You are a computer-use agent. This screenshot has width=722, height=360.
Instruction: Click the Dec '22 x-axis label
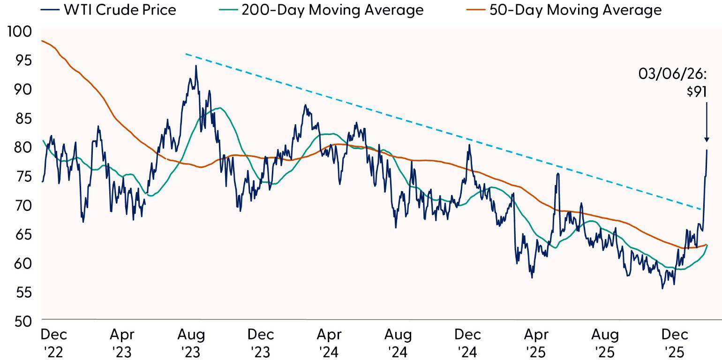pos(53,342)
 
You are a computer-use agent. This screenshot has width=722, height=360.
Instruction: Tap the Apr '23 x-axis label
pos(122,342)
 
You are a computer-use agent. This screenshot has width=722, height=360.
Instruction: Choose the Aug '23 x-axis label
pos(191,342)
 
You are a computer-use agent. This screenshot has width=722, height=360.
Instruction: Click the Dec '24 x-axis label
pos(467,342)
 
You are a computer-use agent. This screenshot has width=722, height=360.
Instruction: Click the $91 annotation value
pos(696,91)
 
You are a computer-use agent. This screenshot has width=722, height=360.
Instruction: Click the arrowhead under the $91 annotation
pos(706,139)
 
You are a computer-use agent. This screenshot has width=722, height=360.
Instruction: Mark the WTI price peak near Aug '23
pos(196,66)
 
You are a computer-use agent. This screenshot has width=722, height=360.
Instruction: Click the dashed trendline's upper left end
pos(186,54)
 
